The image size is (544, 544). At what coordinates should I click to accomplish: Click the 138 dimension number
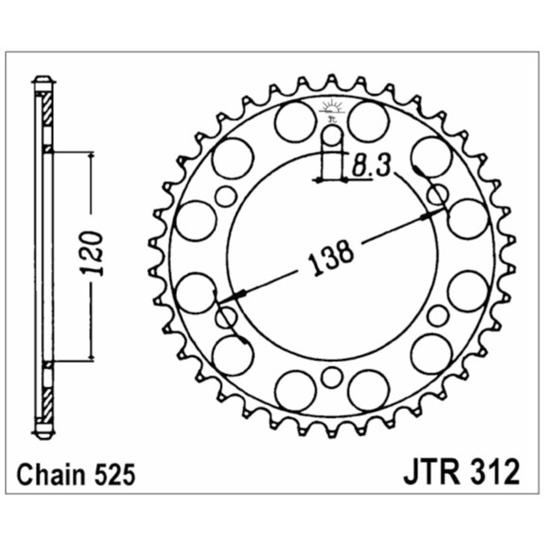tap(331, 257)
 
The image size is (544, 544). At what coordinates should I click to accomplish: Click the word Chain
tap(50, 475)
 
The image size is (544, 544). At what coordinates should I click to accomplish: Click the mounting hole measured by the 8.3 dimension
tap(332, 136)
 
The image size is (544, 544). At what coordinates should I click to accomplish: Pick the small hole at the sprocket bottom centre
tap(332, 377)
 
